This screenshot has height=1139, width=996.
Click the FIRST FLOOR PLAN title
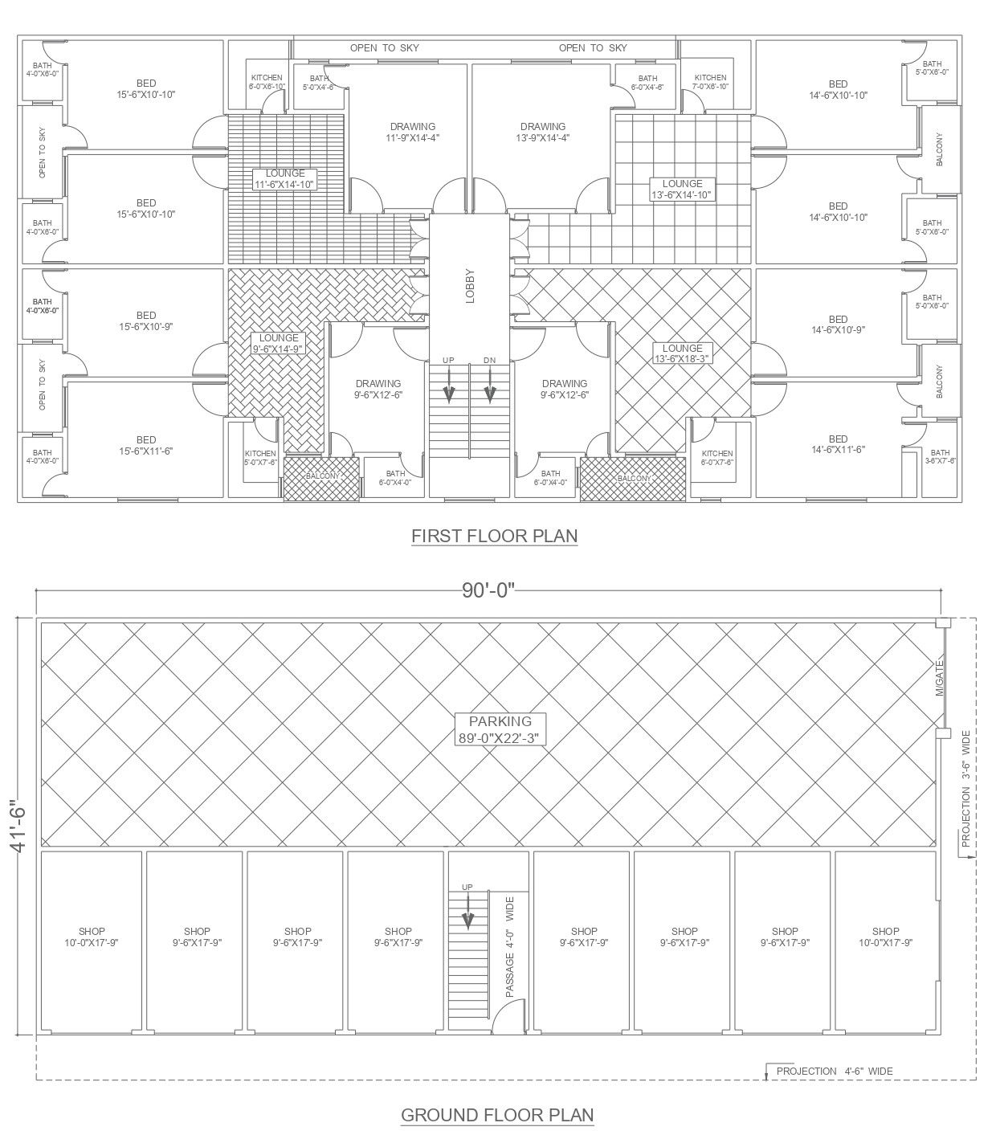(494, 535)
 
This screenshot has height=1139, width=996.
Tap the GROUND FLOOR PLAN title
(497, 1114)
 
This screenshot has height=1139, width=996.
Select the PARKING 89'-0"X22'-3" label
(500, 729)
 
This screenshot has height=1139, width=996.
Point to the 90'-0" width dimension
(488, 591)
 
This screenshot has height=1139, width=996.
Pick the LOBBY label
(470, 285)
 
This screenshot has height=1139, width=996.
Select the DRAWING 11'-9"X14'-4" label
(412, 132)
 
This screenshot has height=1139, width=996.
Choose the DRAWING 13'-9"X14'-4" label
(542, 132)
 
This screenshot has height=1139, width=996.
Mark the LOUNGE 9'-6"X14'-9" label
(278, 343)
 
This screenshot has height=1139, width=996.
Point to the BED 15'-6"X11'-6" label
(146, 445)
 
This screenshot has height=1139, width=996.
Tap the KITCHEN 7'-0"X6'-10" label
(710, 82)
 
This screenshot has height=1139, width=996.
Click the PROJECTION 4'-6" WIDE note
(834, 1071)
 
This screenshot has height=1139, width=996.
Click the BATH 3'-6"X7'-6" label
(940, 456)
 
